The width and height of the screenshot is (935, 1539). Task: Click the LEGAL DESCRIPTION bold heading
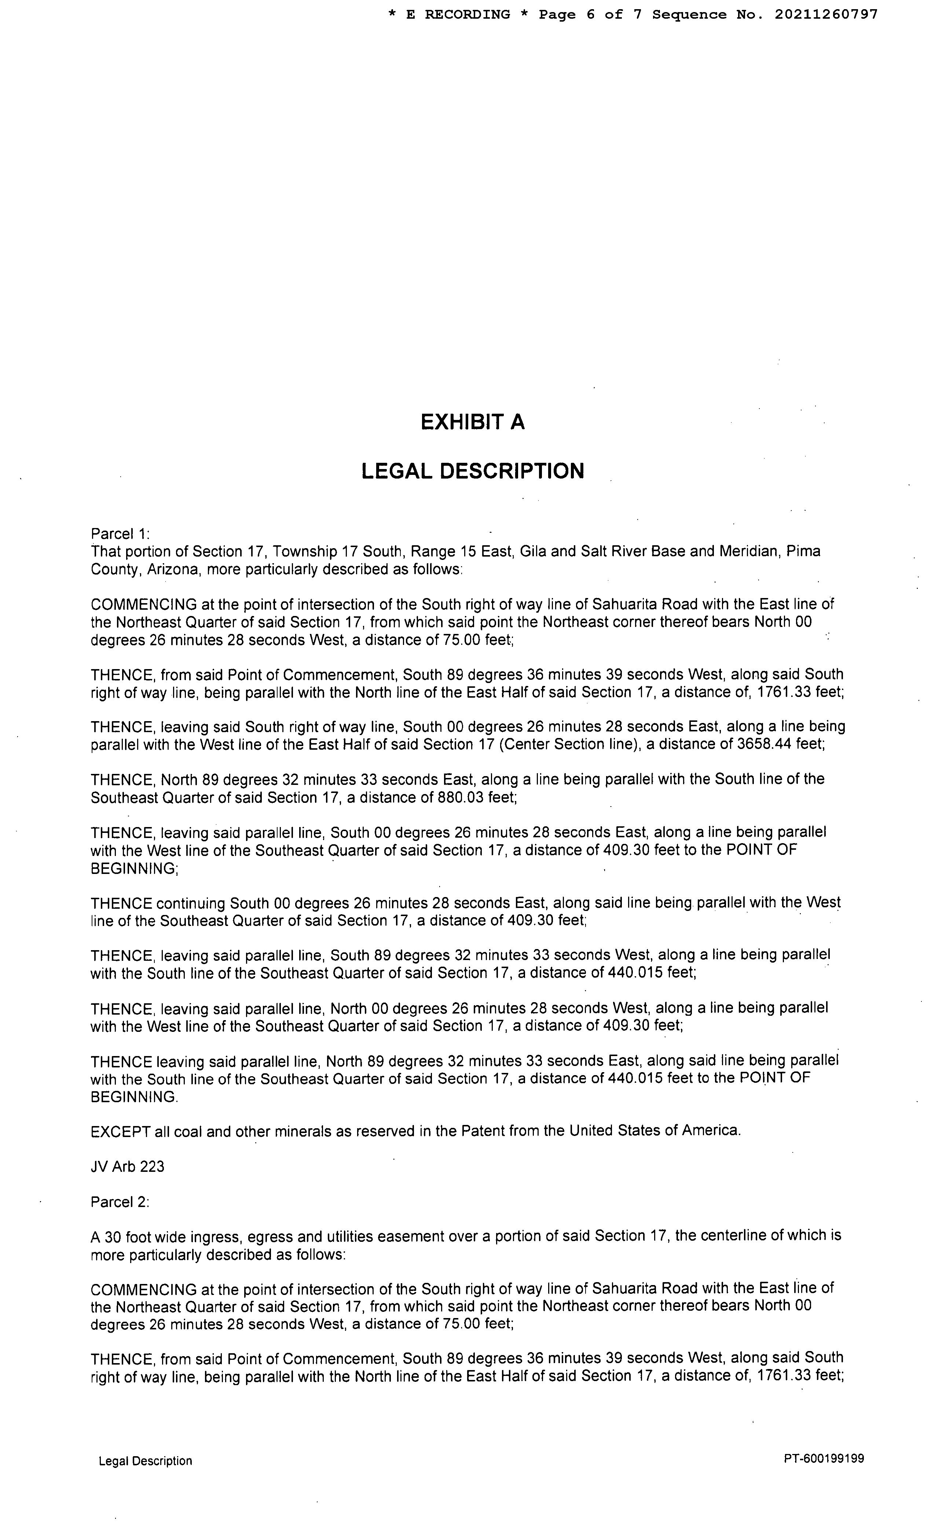473,471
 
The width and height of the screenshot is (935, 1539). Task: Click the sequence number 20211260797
826,14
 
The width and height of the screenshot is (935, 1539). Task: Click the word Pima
803,551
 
